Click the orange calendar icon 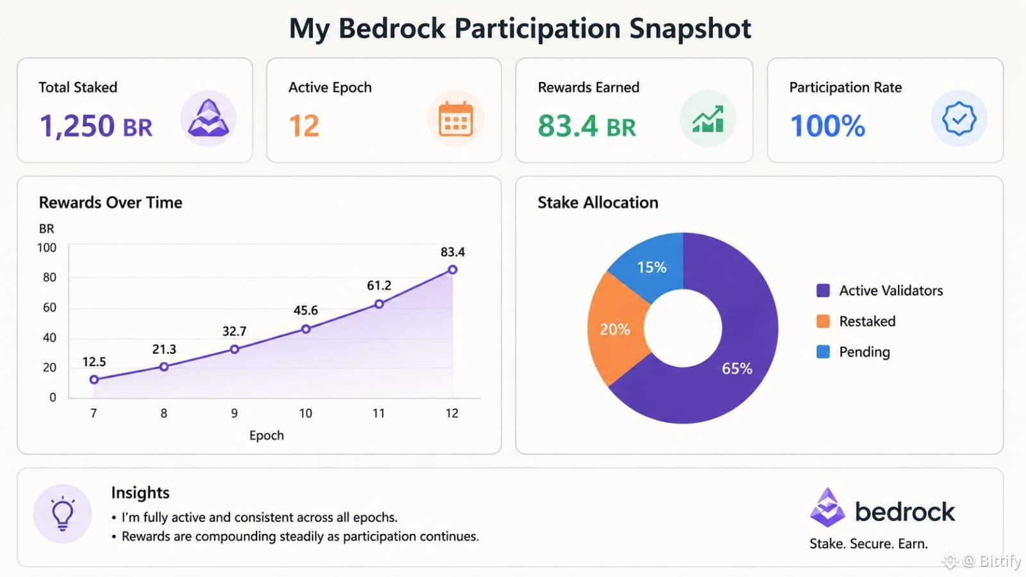[455, 119]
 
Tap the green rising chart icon [708, 119]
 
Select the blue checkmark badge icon [959, 119]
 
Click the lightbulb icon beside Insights [63, 514]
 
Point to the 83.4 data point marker [453, 270]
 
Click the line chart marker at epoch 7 [94, 379]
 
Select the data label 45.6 [305, 310]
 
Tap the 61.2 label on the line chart [379, 286]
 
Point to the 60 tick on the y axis [49, 307]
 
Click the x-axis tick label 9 [235, 414]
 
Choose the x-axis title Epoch [267, 435]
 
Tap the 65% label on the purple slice [737, 369]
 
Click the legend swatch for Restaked [823, 321]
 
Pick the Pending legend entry [854, 352]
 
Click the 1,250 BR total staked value [96, 126]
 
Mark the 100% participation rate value [828, 126]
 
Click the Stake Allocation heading [598, 203]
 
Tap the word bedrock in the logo [905, 512]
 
